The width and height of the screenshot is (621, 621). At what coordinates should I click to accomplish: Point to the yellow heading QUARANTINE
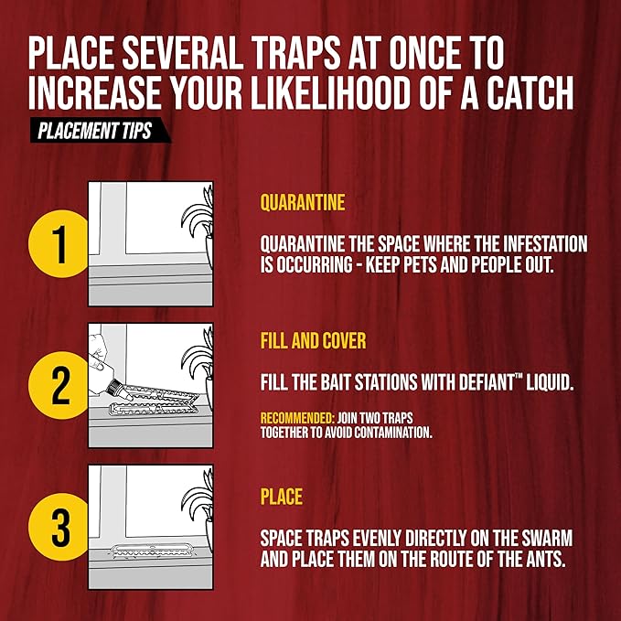(x=303, y=202)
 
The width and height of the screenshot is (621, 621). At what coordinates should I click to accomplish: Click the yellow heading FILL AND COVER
(x=313, y=342)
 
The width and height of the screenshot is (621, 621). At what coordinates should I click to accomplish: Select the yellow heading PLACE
(x=282, y=498)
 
